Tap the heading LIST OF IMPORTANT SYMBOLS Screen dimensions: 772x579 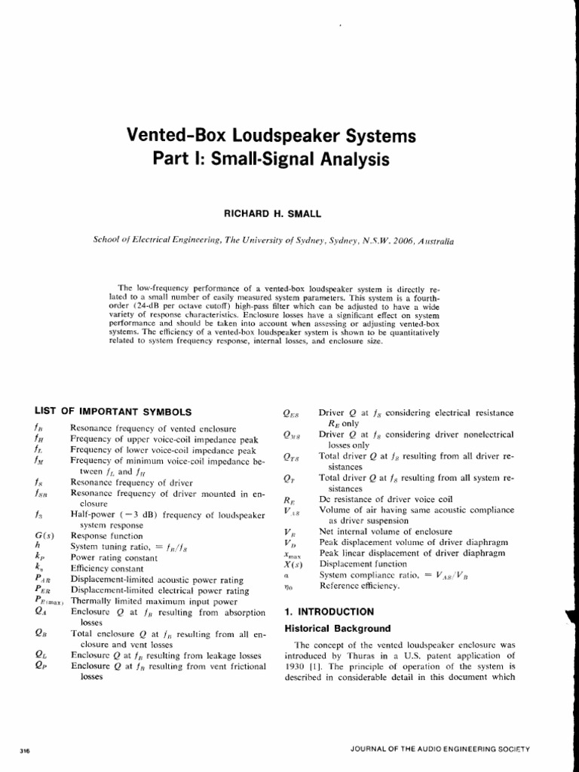point(113,411)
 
